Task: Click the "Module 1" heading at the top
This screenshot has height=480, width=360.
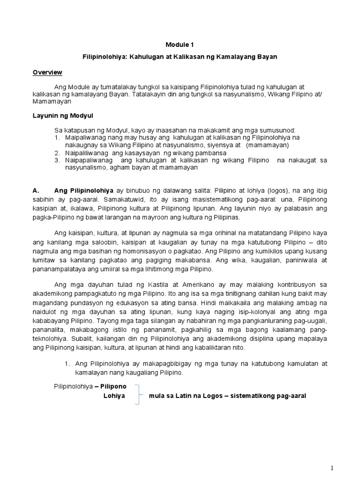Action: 179,45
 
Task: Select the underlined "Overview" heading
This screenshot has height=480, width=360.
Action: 47,72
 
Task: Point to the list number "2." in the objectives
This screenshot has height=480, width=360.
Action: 57,153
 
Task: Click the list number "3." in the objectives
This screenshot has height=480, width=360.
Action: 57,160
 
